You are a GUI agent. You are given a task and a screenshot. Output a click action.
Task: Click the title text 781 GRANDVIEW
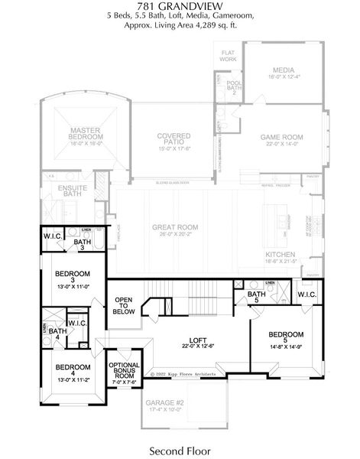coord(180,6)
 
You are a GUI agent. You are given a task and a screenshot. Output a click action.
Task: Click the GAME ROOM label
coord(281,138)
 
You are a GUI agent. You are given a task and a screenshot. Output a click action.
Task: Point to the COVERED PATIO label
coord(174,139)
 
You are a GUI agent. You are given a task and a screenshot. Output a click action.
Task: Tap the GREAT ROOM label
coord(176,228)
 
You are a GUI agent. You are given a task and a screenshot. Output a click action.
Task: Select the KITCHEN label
coord(280,256)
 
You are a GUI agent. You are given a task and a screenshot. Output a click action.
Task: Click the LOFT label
coord(199,342)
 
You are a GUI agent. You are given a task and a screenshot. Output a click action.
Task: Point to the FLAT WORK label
coord(228,55)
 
